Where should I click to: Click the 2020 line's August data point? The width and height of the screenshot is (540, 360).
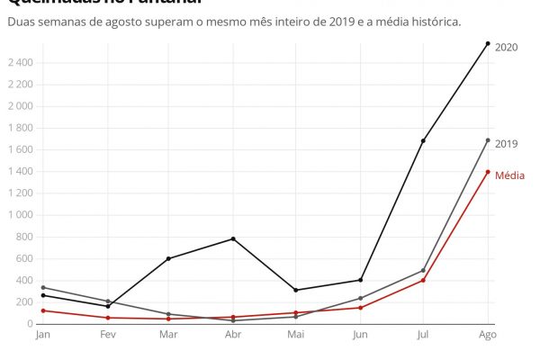tap(488, 43)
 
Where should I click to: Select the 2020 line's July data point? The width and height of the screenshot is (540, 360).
tap(423, 141)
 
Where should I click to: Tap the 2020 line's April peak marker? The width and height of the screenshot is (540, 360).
tap(233, 238)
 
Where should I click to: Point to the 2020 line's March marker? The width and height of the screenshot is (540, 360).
tap(168, 258)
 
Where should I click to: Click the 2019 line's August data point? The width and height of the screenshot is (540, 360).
tap(488, 140)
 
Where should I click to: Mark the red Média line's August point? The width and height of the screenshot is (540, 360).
tap(488, 172)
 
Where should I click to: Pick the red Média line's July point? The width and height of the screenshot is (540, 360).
tap(423, 280)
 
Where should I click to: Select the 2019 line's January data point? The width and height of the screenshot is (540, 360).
tap(42, 287)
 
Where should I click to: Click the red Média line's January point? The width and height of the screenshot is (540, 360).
tap(42, 310)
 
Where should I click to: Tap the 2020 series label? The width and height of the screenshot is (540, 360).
tap(507, 48)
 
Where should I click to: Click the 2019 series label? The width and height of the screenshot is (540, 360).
tap(507, 144)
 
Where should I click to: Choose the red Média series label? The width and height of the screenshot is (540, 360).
tap(510, 175)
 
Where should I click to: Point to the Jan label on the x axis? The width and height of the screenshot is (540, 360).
tap(42, 335)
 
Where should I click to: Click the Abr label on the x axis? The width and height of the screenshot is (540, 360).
tap(233, 335)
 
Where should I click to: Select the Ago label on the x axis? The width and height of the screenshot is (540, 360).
tap(487, 335)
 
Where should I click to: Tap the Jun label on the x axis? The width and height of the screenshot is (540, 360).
tap(360, 335)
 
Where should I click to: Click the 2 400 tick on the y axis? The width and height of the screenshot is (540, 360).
tap(20, 62)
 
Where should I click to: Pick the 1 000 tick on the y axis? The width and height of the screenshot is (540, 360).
tap(20, 215)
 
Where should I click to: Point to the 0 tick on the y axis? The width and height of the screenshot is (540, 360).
tap(30, 324)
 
